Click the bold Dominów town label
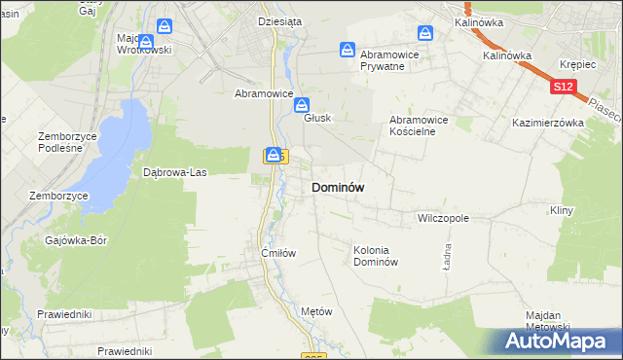(x=338, y=188)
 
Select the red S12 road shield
(x=562, y=88)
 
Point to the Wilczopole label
(x=443, y=219)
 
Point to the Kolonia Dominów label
(x=376, y=256)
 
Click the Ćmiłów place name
(x=277, y=252)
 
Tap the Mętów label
(x=317, y=311)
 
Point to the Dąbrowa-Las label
(x=175, y=172)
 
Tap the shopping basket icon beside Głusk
(x=303, y=103)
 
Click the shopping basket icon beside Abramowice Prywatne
(x=348, y=50)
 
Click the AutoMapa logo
(x=558, y=342)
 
